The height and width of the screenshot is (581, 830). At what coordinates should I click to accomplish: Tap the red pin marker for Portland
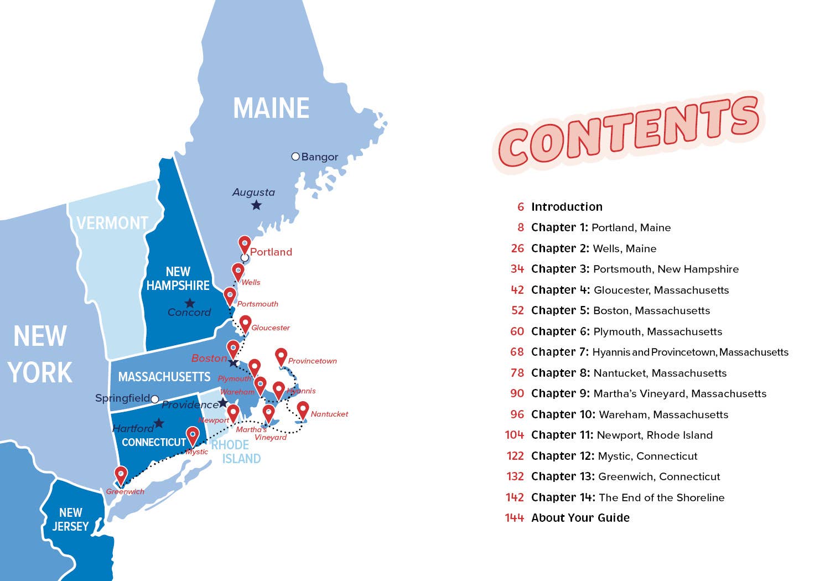pos(245,245)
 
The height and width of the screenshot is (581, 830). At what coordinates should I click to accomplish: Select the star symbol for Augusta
pos(256,205)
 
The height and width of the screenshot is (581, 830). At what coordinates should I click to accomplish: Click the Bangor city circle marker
pos(295,157)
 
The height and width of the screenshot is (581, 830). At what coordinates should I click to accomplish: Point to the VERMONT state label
pos(112,223)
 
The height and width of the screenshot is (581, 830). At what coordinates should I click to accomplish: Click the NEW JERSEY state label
pos(70,520)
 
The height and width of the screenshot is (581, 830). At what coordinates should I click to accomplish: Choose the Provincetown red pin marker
pos(281,356)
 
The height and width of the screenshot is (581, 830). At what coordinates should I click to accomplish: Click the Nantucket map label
pos(329,414)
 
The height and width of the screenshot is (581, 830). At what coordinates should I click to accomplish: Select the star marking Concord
pos(190,303)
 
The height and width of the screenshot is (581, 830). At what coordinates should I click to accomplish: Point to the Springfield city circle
pos(155,399)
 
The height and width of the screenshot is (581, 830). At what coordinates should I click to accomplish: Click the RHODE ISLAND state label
pos(236,452)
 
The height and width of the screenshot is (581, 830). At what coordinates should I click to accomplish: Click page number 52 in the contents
pos(517,310)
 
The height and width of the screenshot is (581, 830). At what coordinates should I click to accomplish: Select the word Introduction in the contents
pos(567,207)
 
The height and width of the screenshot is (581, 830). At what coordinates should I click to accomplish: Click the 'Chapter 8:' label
pos(561,373)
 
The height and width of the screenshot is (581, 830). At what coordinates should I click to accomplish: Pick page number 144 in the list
pos(514,518)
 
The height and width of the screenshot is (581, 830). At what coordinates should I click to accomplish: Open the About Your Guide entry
pos(580,518)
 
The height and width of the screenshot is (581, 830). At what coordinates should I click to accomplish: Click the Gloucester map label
pos(271,328)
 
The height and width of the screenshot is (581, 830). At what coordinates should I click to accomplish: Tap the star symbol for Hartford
pos(159,423)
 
